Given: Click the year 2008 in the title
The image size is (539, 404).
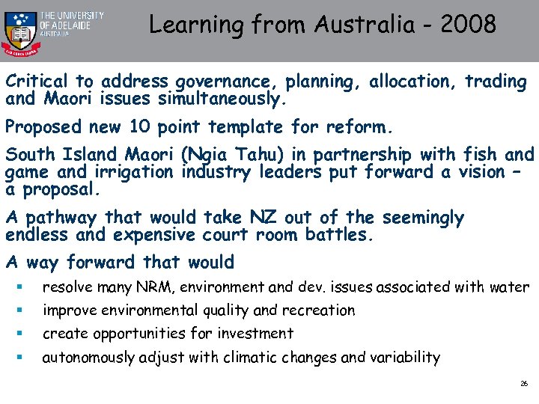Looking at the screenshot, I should tap(470, 25).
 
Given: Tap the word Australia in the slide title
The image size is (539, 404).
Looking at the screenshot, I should tap(362, 25).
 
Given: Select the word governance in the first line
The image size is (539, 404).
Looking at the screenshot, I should tap(222, 82).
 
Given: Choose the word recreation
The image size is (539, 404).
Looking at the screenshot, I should tap(317, 310).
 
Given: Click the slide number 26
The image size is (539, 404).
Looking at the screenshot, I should tap(524, 383).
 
